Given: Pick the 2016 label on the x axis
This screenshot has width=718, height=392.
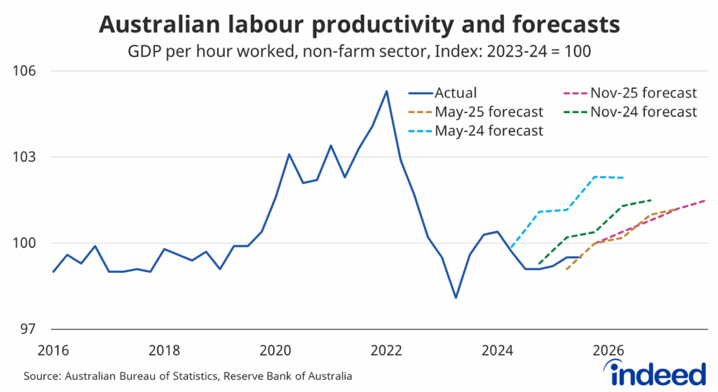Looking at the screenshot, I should tap(53, 350).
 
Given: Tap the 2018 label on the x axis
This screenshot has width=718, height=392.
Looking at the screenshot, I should tap(164, 350).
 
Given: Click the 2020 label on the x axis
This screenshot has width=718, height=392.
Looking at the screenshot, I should tap(275, 350).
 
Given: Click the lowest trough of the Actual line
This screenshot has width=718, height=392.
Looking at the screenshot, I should tap(456, 298).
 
